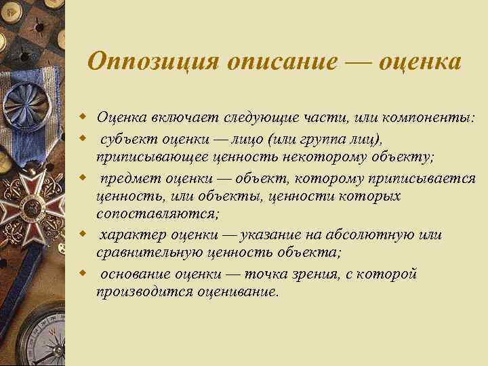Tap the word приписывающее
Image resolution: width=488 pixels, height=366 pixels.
[x=146, y=157]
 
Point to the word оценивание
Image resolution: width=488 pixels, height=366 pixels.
[x=238, y=293]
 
